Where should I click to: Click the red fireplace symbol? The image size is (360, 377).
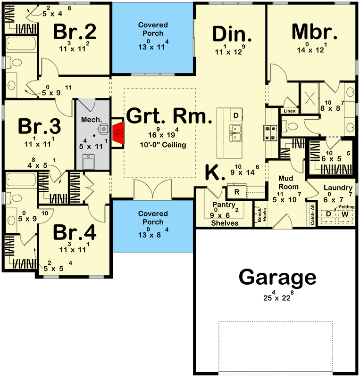[x=118, y=133]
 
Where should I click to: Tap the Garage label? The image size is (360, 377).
[x=277, y=277]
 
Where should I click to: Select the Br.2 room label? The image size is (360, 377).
[x=75, y=32]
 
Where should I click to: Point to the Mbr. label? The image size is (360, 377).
[x=314, y=32]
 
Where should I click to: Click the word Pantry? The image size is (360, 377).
[x=224, y=205]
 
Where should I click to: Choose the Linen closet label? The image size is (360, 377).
[x=289, y=111]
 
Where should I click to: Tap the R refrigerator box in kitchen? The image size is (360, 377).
[x=237, y=192]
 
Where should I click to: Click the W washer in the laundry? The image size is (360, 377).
[x=345, y=214]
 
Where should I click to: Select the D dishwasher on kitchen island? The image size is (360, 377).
[x=236, y=115]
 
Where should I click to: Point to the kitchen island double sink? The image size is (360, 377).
[x=235, y=133]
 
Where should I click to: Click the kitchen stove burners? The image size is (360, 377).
[x=270, y=133]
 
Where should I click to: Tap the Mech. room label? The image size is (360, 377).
[x=92, y=120]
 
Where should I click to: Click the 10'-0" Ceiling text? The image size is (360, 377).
[x=163, y=145]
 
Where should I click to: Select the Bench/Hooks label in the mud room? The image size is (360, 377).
[x=262, y=215]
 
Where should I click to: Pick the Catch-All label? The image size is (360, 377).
[x=312, y=215]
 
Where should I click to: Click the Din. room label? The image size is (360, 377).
[x=232, y=34]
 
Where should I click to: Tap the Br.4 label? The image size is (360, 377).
[x=75, y=232]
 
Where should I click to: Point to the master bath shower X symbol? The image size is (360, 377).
[x=310, y=98]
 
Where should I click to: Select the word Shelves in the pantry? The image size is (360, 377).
[x=225, y=223]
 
